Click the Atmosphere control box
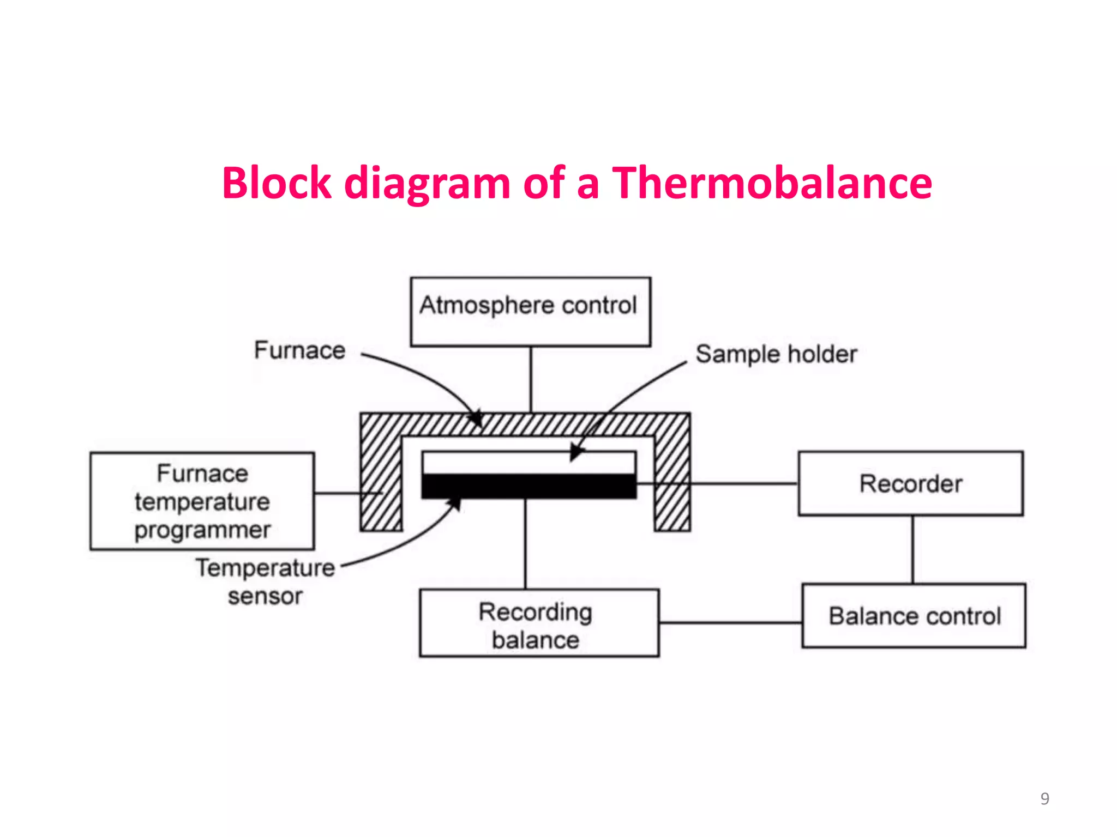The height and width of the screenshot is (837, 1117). (530, 312)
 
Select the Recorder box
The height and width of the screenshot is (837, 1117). (910, 483)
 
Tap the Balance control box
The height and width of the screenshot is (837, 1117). (914, 616)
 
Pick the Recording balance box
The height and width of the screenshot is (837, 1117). (539, 623)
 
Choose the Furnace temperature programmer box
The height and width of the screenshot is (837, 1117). (202, 501)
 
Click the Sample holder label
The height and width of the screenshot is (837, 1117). (776, 354)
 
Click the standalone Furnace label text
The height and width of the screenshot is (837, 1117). (299, 350)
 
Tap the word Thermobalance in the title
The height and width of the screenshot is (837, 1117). (772, 183)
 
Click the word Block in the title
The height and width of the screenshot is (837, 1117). (277, 183)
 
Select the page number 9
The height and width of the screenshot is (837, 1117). (1044, 798)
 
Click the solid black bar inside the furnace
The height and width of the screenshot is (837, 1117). (529, 486)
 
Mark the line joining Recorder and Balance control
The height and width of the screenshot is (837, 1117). (913, 549)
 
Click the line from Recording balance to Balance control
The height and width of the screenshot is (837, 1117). (730, 622)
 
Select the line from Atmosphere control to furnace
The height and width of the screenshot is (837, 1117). (531, 379)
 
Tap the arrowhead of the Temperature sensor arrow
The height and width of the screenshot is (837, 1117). (455, 505)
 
